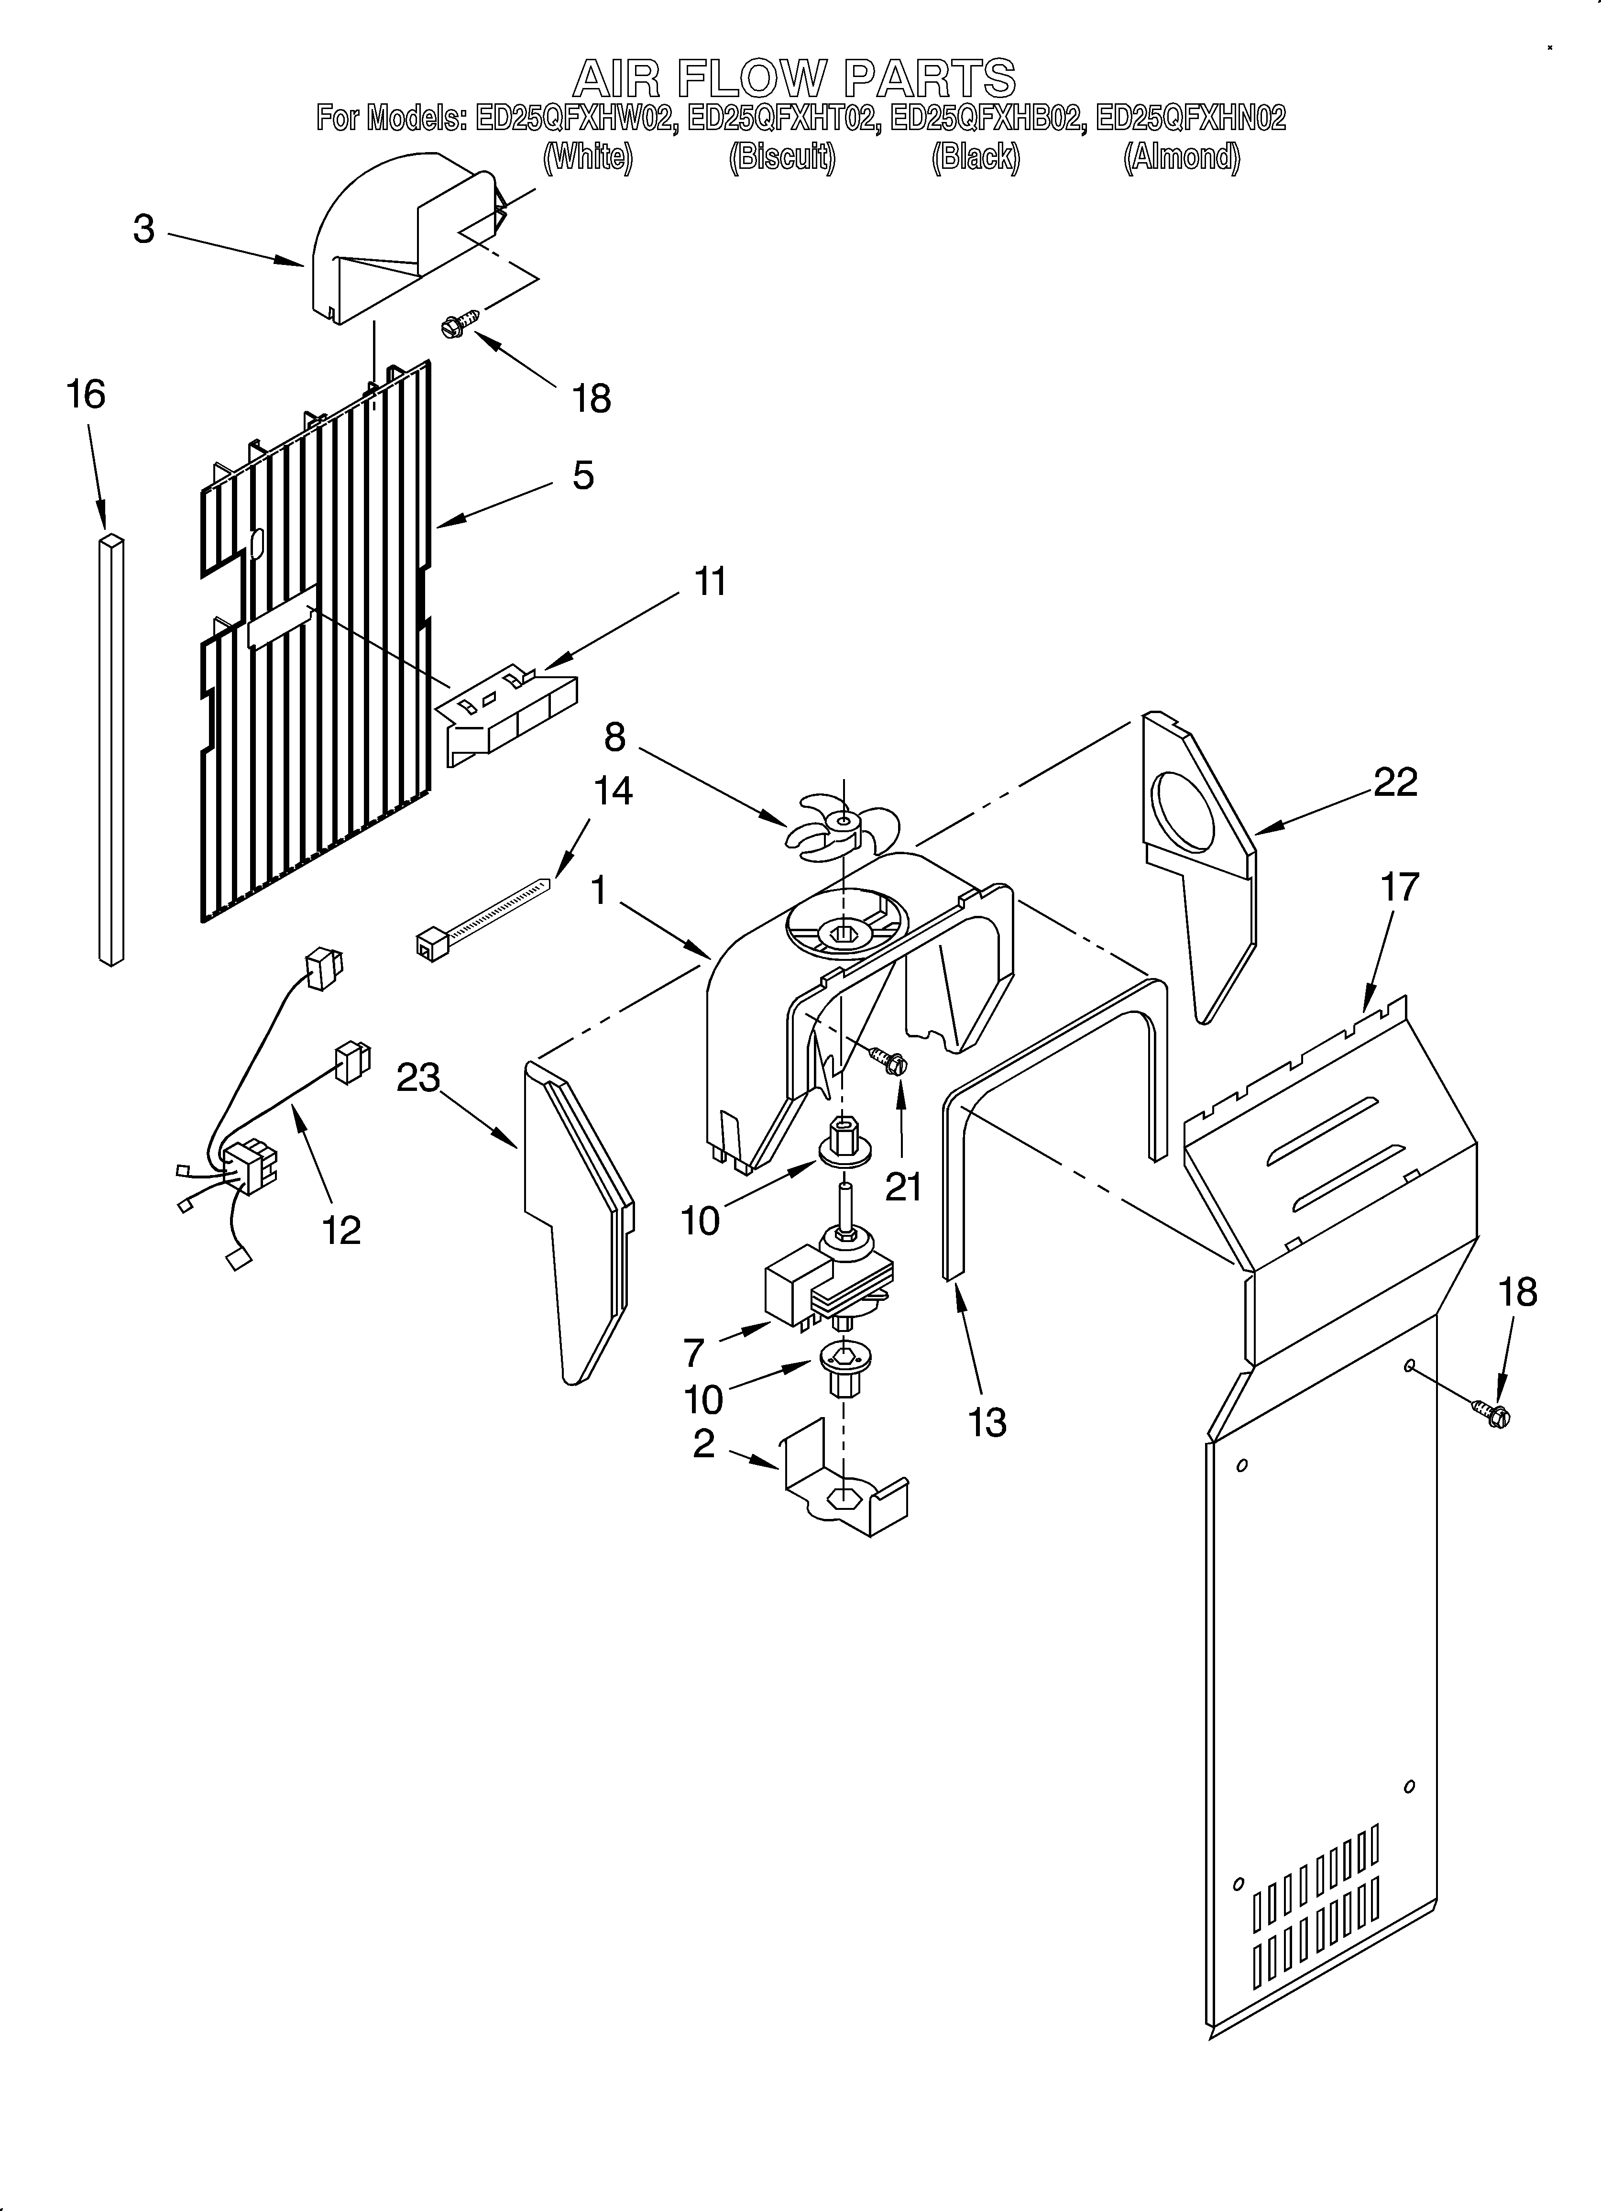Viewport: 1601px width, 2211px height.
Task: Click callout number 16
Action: pos(86,395)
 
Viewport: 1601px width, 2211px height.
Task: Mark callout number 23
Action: pos(417,1078)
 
